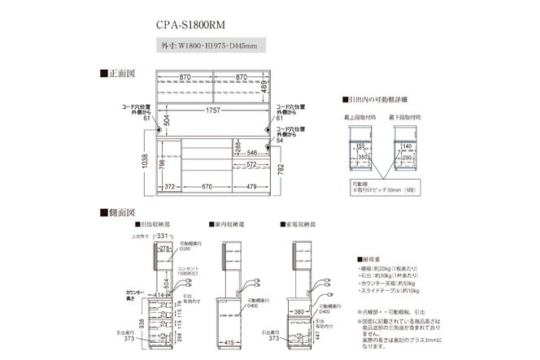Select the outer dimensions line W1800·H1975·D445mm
tap(208, 46)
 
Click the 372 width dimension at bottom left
tap(170, 186)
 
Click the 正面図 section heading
tap(116, 73)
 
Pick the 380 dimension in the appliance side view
tap(300, 310)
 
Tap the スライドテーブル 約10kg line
tap(390, 289)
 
